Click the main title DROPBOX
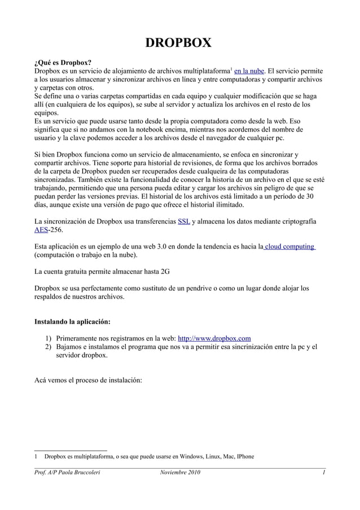(x=179, y=43)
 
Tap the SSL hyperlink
(x=183, y=221)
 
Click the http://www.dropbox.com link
(x=214, y=338)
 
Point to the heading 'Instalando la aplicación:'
(x=72, y=322)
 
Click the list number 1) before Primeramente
(x=50, y=338)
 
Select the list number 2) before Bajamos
(x=50, y=347)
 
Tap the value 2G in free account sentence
(x=164, y=272)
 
